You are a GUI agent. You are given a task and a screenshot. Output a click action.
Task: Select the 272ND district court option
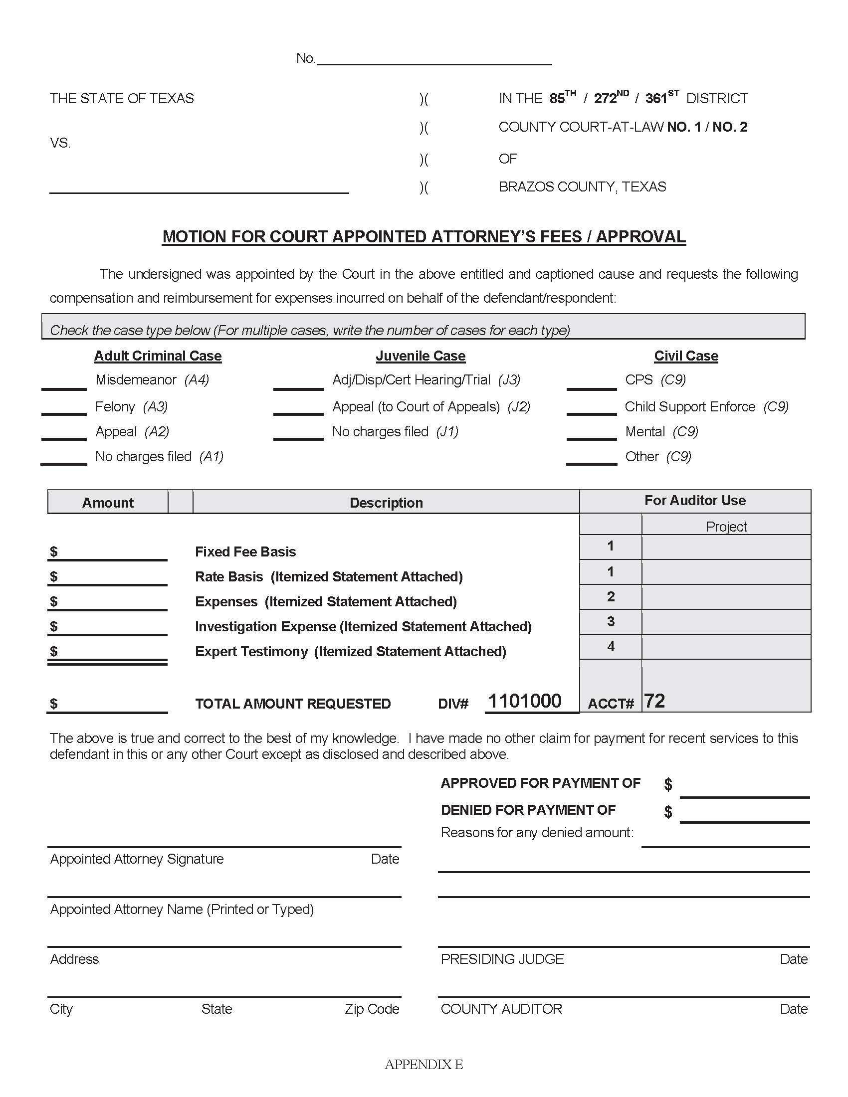611,98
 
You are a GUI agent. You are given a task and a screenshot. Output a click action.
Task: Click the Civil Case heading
686,356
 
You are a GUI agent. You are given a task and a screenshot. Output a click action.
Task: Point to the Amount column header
108,503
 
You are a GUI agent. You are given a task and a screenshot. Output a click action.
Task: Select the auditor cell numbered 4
611,646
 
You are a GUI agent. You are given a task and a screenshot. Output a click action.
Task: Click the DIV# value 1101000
525,701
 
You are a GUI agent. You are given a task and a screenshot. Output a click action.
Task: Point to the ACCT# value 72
654,701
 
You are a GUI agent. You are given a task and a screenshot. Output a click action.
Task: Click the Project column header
726,527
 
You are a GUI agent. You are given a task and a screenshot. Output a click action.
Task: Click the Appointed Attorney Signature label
137,859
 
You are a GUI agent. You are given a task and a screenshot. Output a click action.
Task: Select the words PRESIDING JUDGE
502,959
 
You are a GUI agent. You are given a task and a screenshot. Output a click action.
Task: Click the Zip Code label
372,1009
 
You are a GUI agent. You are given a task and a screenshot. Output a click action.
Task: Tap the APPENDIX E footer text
424,1065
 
